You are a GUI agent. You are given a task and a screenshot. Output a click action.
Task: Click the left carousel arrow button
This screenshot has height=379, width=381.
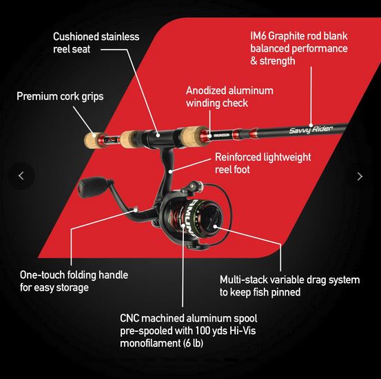[x=21, y=176]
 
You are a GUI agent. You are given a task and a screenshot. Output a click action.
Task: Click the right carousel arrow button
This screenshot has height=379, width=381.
[x=359, y=176]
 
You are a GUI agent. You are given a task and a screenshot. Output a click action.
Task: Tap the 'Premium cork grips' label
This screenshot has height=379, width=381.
[x=60, y=97]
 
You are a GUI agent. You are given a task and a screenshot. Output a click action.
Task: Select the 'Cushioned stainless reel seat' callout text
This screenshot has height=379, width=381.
[x=96, y=42]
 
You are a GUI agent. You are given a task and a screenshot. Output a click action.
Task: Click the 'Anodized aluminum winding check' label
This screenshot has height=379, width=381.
[x=229, y=97]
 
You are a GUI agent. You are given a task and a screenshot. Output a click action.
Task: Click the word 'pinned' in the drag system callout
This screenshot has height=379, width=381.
[x=286, y=292]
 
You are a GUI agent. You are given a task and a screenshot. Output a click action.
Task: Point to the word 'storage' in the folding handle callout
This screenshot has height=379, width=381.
[x=72, y=287]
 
